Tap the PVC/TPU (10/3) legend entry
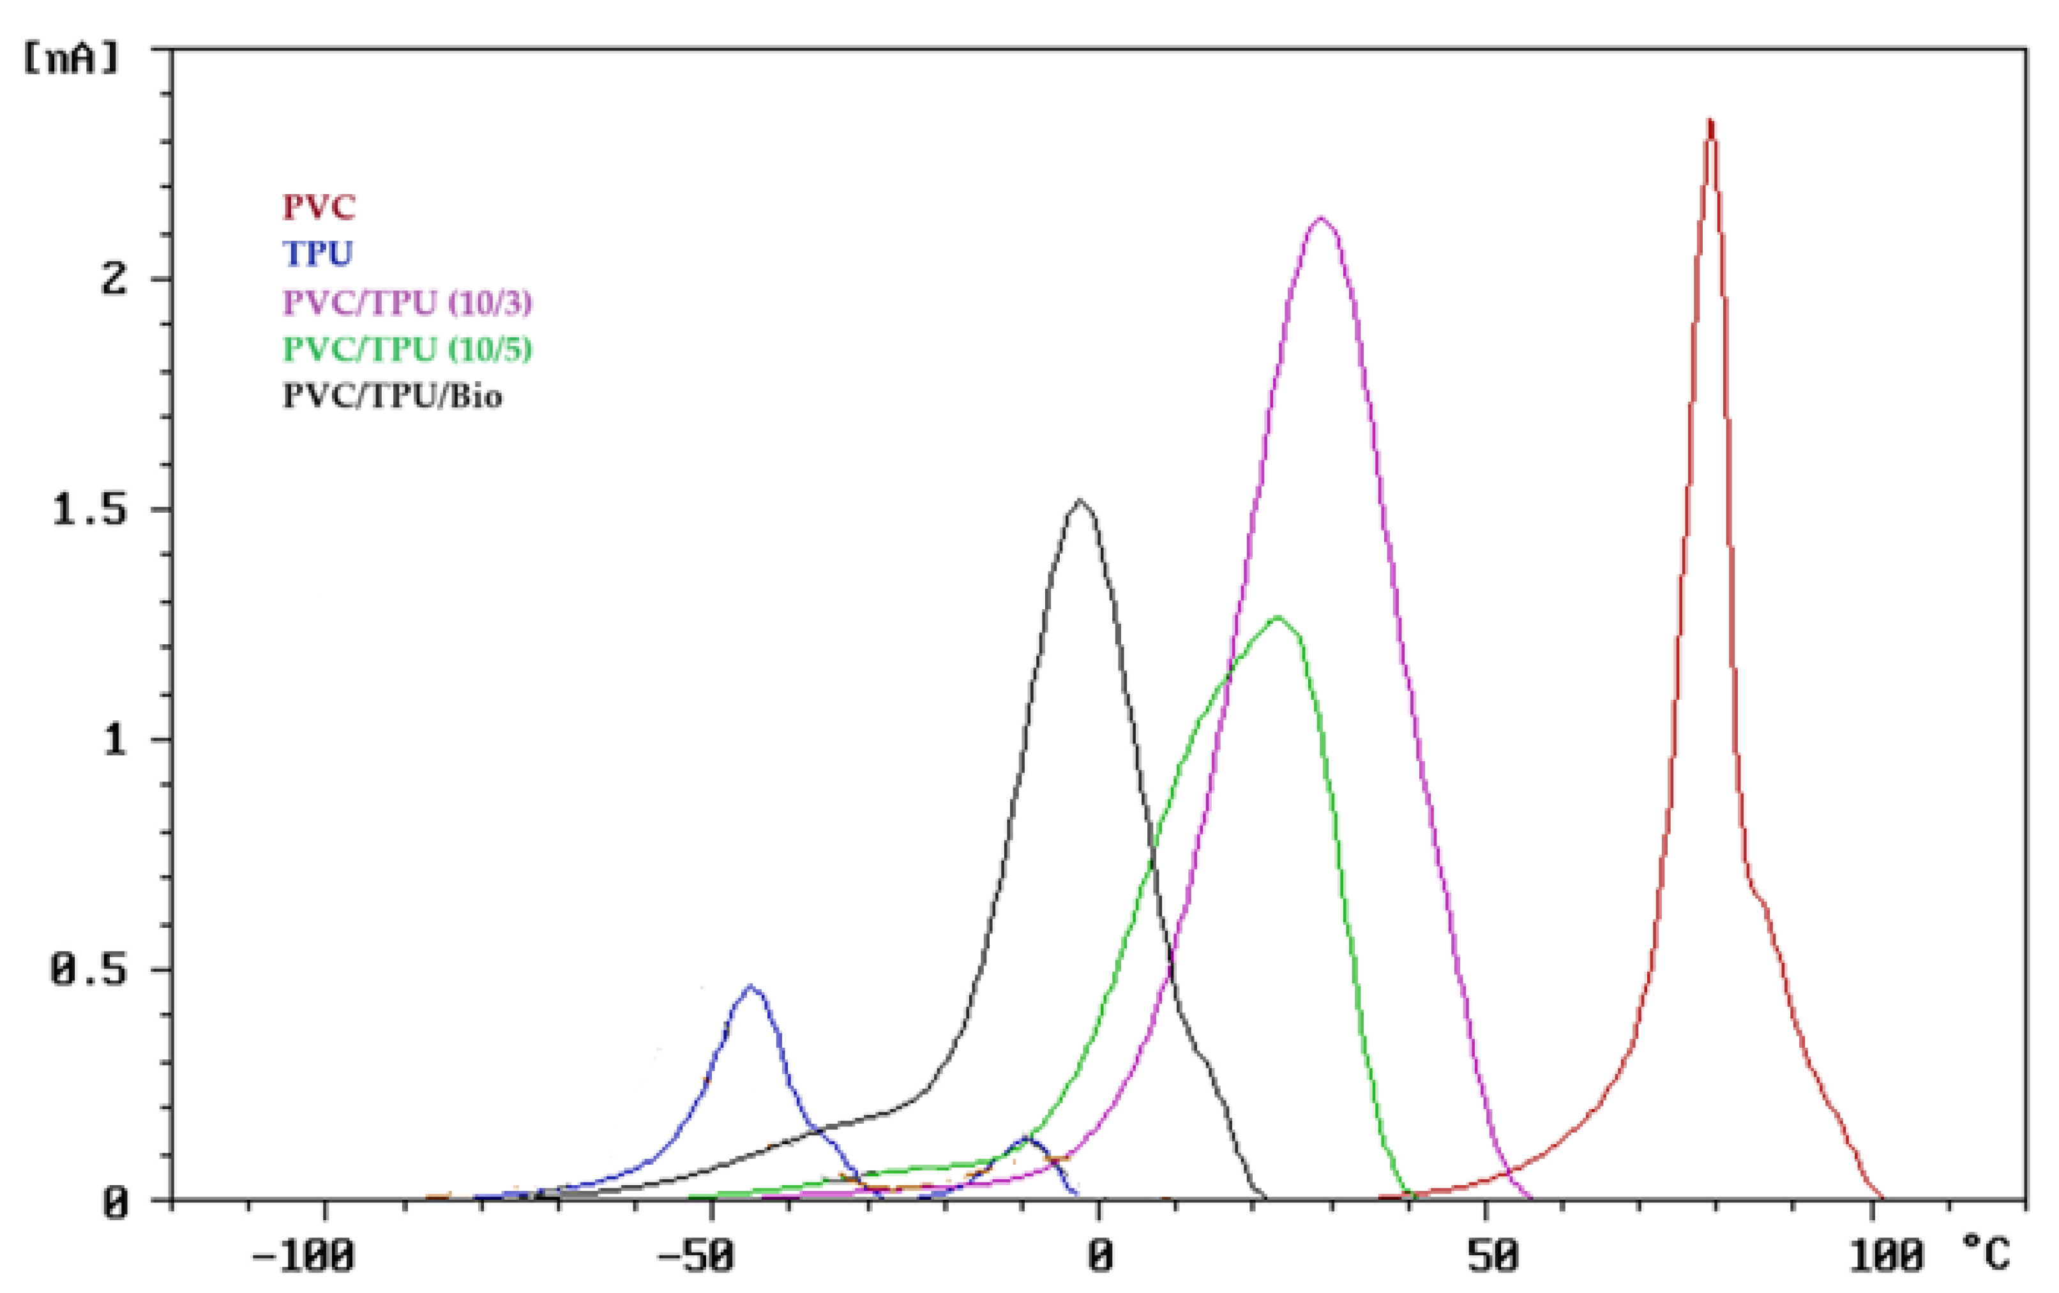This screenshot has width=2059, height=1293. (407, 302)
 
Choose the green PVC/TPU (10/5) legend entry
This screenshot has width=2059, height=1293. (407, 349)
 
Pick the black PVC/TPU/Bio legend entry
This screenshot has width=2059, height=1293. (393, 396)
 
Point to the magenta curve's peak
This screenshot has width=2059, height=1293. (1321, 218)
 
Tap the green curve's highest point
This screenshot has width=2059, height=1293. (1278, 617)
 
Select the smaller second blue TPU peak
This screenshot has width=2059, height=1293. (1027, 1138)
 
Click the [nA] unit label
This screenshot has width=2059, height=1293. (72, 59)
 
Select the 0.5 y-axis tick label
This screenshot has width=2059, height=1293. (90, 971)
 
